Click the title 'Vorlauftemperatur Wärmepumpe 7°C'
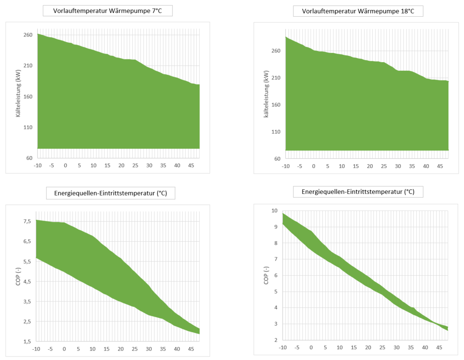[108, 11]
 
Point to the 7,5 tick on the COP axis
[27, 221]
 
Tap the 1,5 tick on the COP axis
[27, 341]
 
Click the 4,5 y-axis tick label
[27, 281]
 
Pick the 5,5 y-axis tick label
[27, 261]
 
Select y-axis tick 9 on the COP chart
[274, 227]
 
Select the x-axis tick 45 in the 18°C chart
[440, 166]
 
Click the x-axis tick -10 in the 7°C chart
[37, 166]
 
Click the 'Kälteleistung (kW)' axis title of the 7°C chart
[18, 94]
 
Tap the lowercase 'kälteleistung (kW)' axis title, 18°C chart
[266, 94]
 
